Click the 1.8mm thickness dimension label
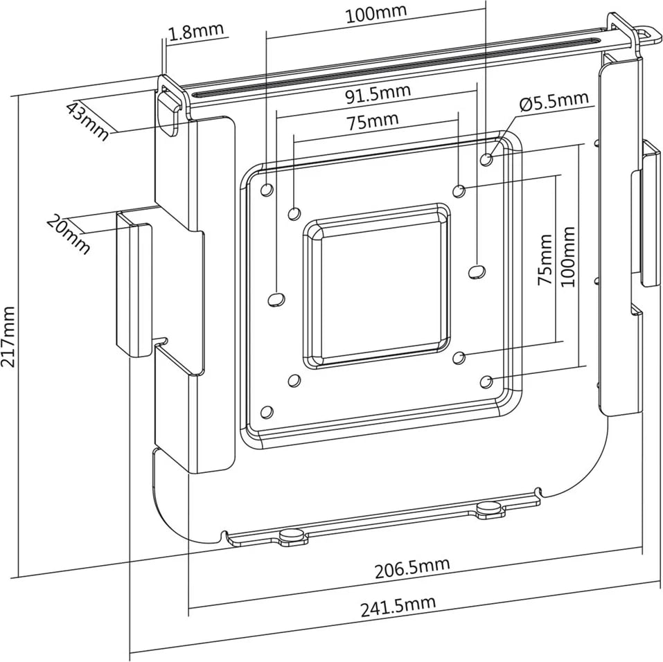197,31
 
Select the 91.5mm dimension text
378,93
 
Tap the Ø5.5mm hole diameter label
554,102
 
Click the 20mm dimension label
68,233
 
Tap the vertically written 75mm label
546,260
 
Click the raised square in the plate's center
376,286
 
